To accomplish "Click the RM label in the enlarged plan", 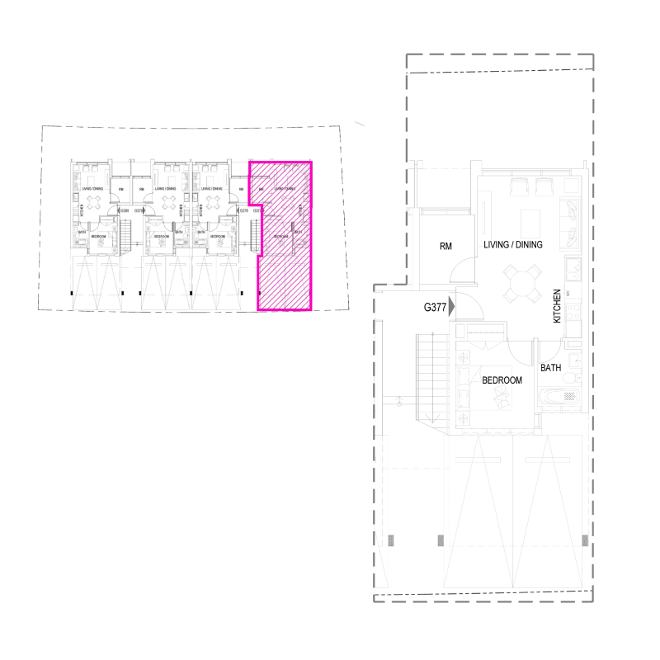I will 446,246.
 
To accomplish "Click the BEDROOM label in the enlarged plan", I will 502,380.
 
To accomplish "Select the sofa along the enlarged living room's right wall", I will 571,222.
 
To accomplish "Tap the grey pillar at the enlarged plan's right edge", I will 585,540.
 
